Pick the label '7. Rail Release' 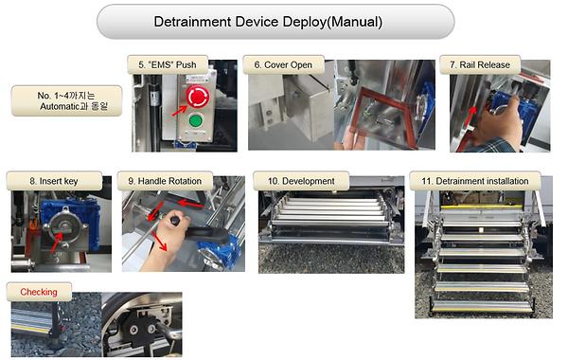pyautogui.click(x=481, y=64)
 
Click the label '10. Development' pyautogui.click(x=302, y=180)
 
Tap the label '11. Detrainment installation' pyautogui.click(x=474, y=180)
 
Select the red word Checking pyautogui.click(x=39, y=292)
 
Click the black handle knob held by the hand pyautogui.click(x=174, y=231)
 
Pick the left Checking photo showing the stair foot pyautogui.click(x=51, y=328)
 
